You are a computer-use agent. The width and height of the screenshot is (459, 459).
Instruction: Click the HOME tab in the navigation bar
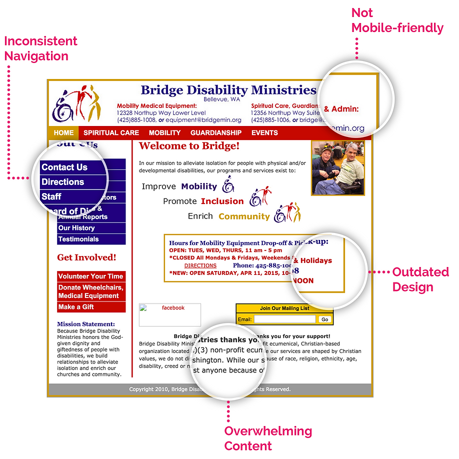click(x=63, y=132)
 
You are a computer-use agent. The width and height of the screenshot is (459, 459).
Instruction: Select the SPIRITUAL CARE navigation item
click(x=111, y=132)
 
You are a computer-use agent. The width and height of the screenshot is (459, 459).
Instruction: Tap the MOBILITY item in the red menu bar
click(x=164, y=132)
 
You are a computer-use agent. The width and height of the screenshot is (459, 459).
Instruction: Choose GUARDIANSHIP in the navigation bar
click(x=215, y=132)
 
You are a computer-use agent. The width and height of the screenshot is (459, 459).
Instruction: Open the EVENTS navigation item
click(x=264, y=132)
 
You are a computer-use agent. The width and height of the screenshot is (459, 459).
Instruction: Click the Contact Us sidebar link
click(x=64, y=167)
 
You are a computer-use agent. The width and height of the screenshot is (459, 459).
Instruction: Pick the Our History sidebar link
click(x=76, y=228)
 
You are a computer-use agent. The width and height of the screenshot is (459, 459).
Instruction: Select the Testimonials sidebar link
click(x=78, y=239)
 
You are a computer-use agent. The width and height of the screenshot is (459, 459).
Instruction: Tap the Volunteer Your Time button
click(x=90, y=276)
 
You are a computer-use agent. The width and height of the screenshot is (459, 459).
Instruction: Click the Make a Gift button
click(x=76, y=307)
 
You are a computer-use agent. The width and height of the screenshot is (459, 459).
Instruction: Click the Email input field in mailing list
click(x=284, y=319)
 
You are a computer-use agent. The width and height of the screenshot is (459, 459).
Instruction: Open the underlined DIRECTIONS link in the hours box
click(x=200, y=265)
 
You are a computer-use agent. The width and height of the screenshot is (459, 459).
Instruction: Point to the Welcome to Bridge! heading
click(x=189, y=146)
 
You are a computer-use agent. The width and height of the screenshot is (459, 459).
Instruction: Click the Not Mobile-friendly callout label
click(x=397, y=20)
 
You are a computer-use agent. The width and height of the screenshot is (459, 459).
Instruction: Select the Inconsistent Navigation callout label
click(x=41, y=48)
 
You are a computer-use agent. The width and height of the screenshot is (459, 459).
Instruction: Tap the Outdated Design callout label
click(x=420, y=279)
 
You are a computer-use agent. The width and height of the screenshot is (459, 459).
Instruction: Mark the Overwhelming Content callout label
click(x=267, y=438)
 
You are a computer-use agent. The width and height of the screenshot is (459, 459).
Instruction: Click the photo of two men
click(x=337, y=168)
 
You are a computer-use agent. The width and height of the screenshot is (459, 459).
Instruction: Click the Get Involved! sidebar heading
click(x=86, y=257)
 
